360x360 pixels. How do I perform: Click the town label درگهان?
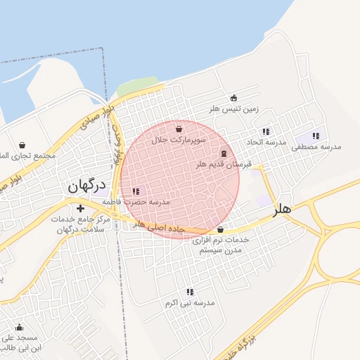pyautogui.click(x=86, y=186)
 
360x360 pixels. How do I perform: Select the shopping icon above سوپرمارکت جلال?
pyautogui.click(x=179, y=129)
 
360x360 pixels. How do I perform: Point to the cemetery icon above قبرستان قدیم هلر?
pyautogui.click(x=224, y=153)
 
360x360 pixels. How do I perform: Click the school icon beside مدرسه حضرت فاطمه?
pyautogui.click(x=136, y=191)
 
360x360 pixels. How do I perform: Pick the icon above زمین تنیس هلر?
pyautogui.click(x=234, y=98)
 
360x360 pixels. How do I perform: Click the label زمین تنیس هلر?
pyautogui.click(x=234, y=109)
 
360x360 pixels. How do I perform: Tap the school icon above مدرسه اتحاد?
pyautogui.click(x=266, y=131)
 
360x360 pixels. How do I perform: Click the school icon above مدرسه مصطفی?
pyautogui.click(x=315, y=136)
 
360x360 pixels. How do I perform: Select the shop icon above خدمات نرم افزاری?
pyautogui.click(x=221, y=229)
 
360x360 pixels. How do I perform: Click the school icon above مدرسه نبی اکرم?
pyautogui.click(x=190, y=291)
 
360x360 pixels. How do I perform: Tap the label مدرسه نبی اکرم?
pyautogui.click(x=190, y=302)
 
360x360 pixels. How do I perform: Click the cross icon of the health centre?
pyautogui.click(x=80, y=208)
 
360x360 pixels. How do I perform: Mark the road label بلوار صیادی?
pyautogui.click(x=96, y=117)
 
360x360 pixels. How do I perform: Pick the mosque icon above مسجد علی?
pyautogui.click(x=19, y=328)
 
